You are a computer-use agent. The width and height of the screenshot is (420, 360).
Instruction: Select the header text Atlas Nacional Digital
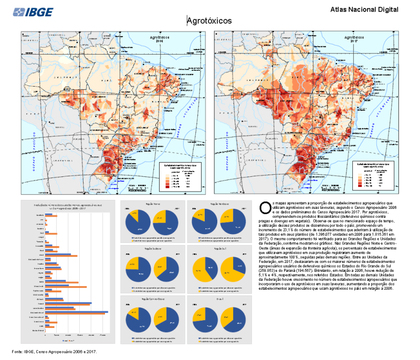(x=364, y=9)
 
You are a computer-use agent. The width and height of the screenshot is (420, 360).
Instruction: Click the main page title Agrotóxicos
(x=209, y=20)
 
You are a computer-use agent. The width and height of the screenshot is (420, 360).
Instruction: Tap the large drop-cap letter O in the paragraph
(x=265, y=207)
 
